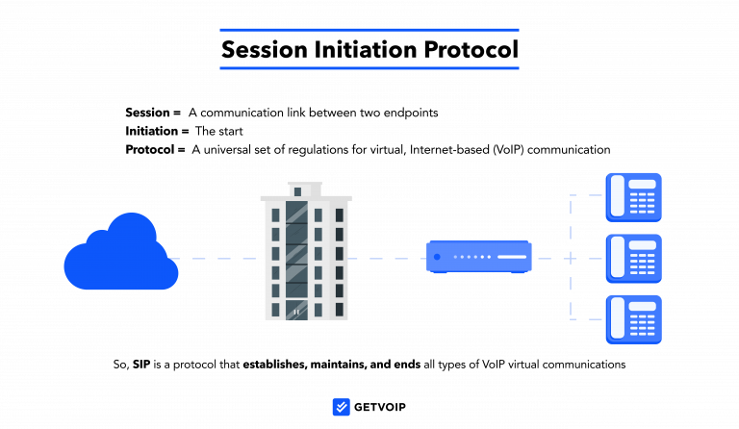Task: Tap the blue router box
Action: tap(478, 257)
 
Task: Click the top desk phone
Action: tap(633, 196)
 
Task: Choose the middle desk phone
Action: tap(633, 258)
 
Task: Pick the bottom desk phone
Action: tap(633, 318)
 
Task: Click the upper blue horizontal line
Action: tap(369, 30)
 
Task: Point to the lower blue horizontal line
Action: tap(369, 68)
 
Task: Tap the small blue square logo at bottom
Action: tap(341, 407)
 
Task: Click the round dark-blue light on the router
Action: tap(437, 257)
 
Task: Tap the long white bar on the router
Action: tap(511, 257)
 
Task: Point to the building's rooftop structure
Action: tap(305, 189)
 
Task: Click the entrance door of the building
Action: tap(296, 311)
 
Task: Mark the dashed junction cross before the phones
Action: tap(571, 259)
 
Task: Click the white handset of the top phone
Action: tap(617, 197)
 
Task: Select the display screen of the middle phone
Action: tap(643, 245)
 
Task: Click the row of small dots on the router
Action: tap(472, 257)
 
